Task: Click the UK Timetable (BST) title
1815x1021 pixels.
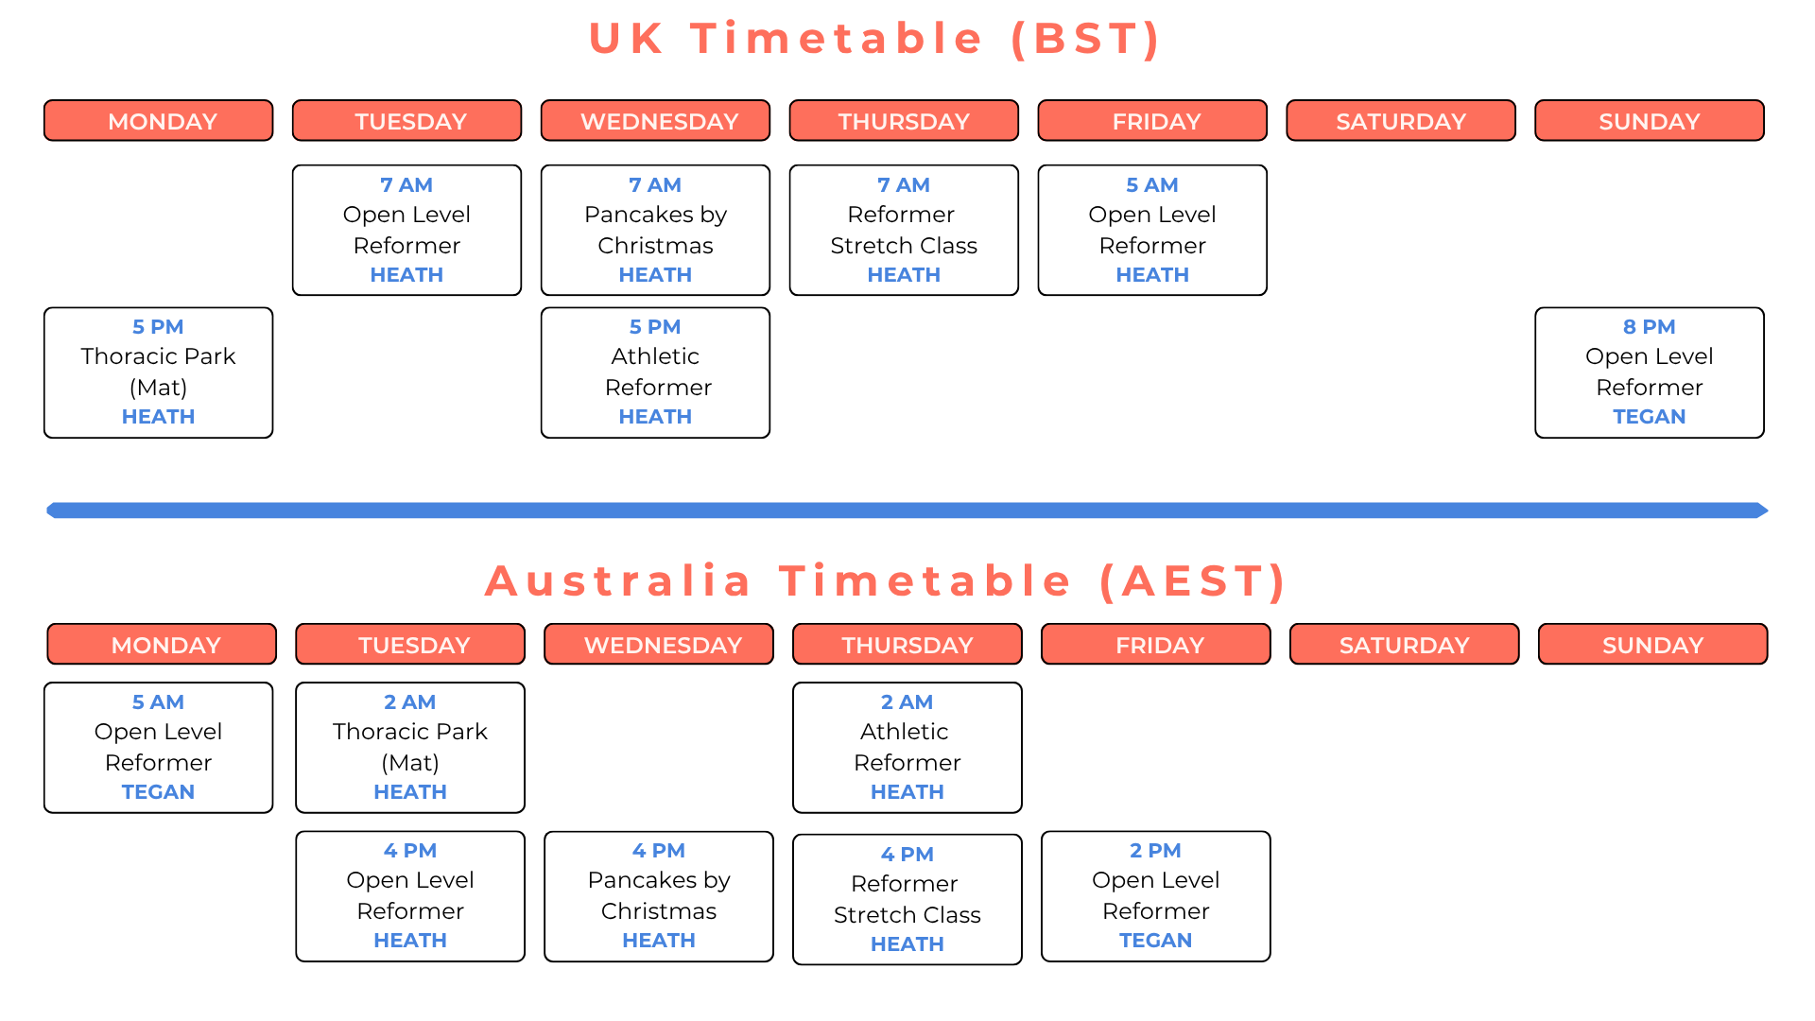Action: coord(874,39)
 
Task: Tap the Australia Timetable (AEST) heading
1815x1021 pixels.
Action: coord(886,580)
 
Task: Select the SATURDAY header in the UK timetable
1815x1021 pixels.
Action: coord(1401,121)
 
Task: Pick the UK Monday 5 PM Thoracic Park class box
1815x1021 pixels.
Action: coord(158,372)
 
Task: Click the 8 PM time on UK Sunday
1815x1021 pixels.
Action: coord(1649,327)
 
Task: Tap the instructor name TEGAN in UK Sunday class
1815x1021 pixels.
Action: coord(1649,417)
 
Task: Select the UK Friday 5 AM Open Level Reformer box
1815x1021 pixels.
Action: coord(1152,231)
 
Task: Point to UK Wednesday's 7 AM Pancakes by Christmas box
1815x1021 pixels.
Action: coord(655,231)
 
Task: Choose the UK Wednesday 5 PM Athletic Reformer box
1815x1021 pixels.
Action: coord(655,372)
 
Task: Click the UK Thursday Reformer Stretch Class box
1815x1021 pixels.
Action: coord(904,231)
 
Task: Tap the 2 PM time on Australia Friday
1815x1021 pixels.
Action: coord(1155,851)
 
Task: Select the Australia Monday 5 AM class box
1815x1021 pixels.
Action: coord(158,748)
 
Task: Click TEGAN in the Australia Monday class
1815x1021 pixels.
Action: coord(158,792)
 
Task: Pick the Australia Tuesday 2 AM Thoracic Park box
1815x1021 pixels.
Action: coord(410,748)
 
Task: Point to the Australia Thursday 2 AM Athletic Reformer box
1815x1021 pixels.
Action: coord(907,748)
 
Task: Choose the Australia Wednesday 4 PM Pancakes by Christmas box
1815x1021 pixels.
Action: coord(659,896)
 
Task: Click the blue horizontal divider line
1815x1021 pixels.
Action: coord(907,510)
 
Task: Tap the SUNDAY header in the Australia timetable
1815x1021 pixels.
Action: coord(1652,644)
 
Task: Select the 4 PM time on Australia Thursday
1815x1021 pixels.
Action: coord(907,855)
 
